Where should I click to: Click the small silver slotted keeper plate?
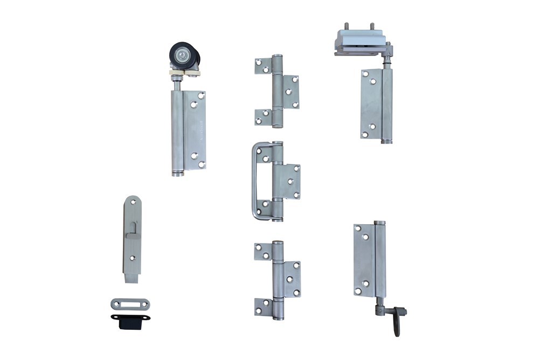pos(130,304)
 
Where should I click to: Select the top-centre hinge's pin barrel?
pos(277,91)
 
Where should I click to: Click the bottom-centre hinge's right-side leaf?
pos(291,279)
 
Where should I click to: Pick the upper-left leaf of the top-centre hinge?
pos(263,66)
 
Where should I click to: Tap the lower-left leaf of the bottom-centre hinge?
pos(264,307)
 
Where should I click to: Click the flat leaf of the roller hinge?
pos(195,130)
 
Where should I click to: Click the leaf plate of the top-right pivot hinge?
pos(371,103)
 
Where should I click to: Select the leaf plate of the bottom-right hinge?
pos(364,259)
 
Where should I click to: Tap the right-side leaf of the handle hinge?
pos(291,182)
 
